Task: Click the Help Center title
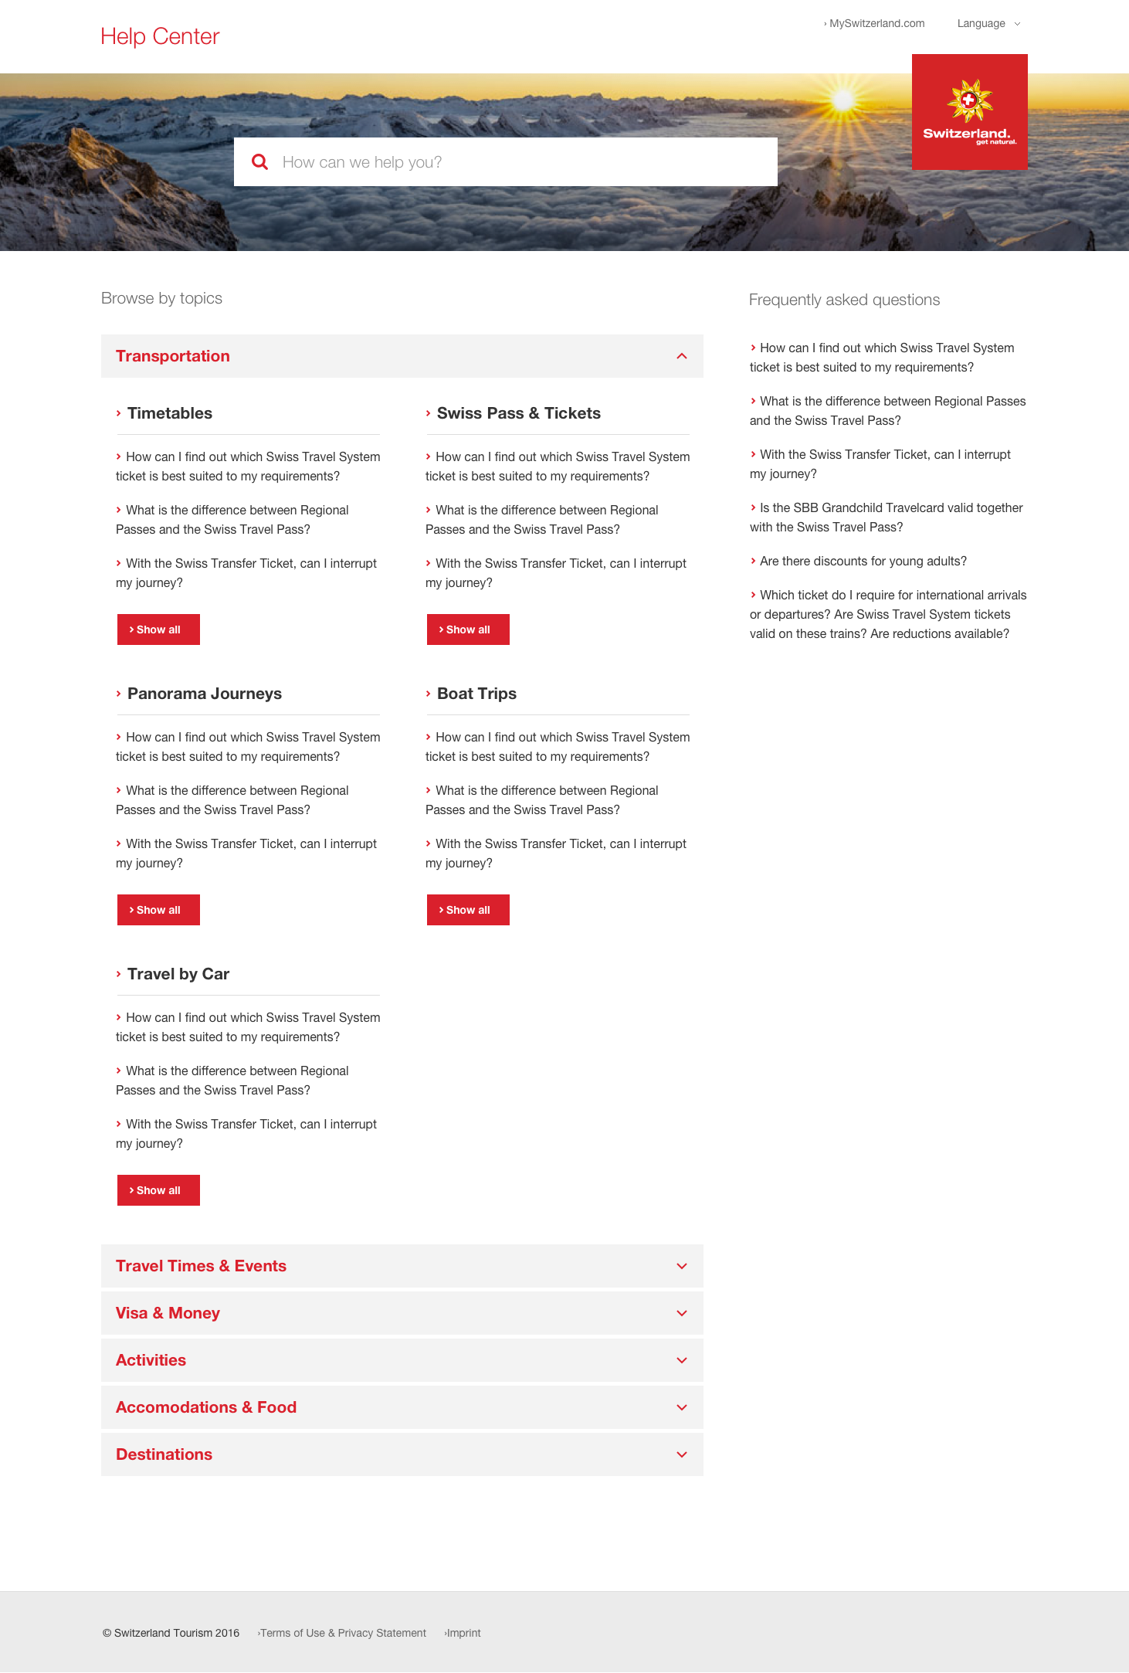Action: click(160, 36)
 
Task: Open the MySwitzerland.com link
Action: click(876, 23)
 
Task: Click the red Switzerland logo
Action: click(969, 112)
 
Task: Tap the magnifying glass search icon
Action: click(260, 162)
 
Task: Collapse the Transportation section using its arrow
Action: click(682, 356)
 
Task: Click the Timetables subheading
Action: click(170, 413)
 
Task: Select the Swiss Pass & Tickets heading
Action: click(518, 413)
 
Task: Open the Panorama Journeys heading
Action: click(204, 694)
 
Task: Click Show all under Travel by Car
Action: click(158, 1190)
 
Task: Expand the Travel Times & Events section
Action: click(201, 1266)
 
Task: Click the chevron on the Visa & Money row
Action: click(682, 1313)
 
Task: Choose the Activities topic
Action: click(151, 1360)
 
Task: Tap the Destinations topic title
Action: click(164, 1454)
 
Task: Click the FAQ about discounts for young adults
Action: click(863, 562)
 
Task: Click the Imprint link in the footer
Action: click(463, 1633)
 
